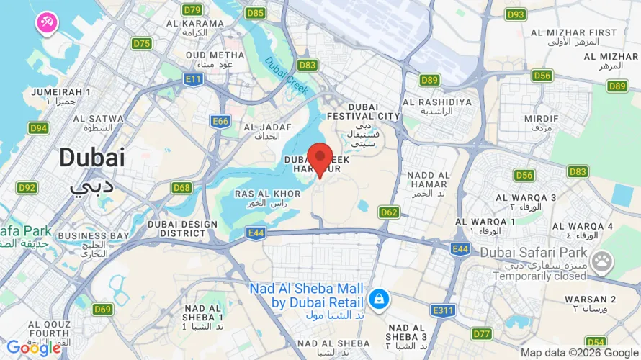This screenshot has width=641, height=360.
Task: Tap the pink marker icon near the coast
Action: click(47, 22)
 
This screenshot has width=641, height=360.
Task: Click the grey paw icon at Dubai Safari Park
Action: click(601, 260)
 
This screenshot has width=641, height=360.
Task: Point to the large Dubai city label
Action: click(91, 158)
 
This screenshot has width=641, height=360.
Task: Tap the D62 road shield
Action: click(389, 212)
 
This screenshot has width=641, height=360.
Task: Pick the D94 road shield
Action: click(38, 128)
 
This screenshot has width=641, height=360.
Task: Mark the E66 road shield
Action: click(220, 122)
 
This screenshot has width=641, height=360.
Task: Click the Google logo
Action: click(33, 348)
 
